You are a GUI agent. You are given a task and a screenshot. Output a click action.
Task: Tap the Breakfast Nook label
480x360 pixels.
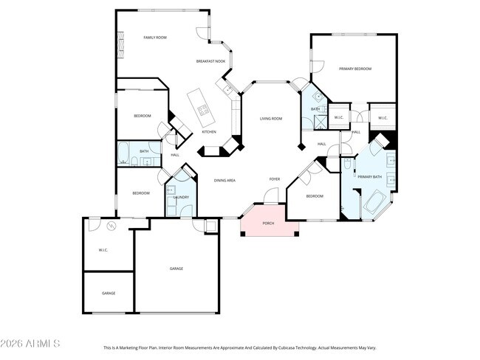click(x=210, y=61)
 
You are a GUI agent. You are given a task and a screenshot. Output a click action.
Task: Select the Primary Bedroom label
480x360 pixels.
click(x=354, y=69)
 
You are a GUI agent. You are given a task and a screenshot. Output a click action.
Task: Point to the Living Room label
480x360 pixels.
click(x=271, y=119)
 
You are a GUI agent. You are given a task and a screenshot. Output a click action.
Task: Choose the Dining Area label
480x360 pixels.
click(x=224, y=180)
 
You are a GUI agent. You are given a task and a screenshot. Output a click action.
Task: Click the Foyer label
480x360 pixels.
click(x=274, y=179)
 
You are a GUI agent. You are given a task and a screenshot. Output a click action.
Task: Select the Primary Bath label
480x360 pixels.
click(x=369, y=177)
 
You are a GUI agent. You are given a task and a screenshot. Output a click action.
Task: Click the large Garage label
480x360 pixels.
click(x=176, y=269)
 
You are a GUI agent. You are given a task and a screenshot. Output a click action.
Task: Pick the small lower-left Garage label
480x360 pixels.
click(x=109, y=293)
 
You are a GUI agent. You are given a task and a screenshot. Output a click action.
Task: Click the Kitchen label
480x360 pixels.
click(x=209, y=132)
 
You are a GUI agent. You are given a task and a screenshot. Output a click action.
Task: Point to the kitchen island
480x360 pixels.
click(x=200, y=106)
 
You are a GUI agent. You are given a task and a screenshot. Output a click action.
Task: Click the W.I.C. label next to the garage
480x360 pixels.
click(x=103, y=250)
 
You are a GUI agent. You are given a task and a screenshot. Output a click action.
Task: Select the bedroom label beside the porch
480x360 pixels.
click(x=315, y=196)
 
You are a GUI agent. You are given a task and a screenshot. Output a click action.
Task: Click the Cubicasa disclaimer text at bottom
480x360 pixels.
click(x=239, y=347)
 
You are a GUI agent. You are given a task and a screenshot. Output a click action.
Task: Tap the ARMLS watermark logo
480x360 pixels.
click(x=31, y=344)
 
